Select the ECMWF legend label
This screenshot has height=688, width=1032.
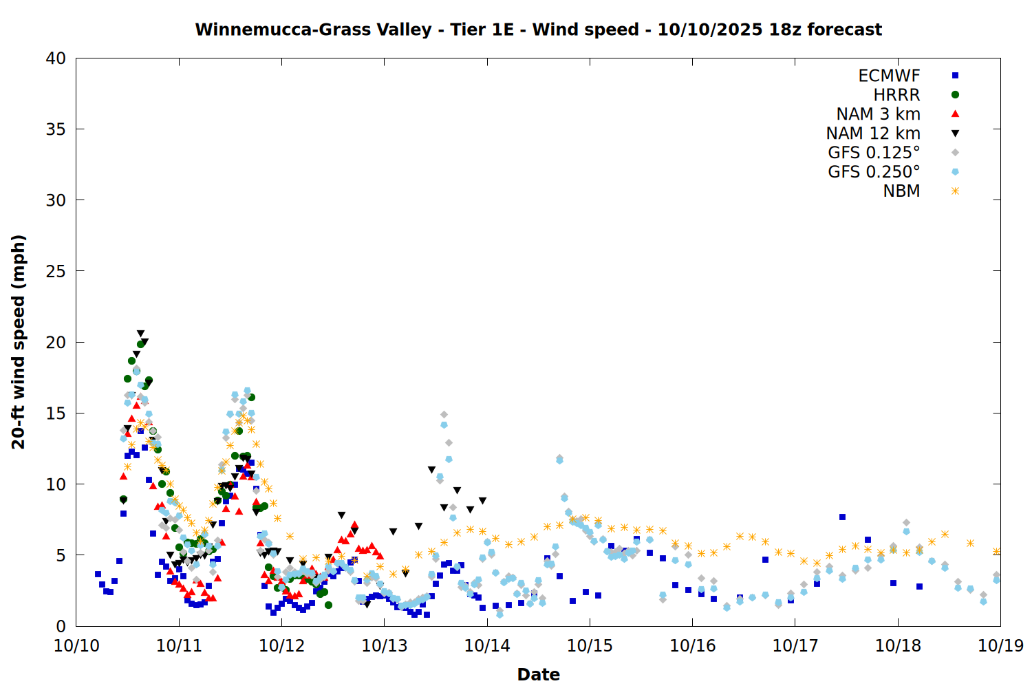[889, 76]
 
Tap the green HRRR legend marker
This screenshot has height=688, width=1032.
[955, 95]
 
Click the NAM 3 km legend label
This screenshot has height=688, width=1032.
[878, 114]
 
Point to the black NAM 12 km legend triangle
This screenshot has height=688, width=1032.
[955, 133]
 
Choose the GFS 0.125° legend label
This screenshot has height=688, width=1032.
[874, 153]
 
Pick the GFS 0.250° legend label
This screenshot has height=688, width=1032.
[874, 172]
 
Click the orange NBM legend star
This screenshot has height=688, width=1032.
[955, 191]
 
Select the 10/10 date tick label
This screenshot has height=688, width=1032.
[76, 646]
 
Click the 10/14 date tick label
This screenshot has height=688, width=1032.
[487, 646]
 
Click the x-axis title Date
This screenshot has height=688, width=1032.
[538, 674]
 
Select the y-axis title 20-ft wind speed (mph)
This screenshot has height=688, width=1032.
[19, 342]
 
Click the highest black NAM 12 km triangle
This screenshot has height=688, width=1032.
[140, 334]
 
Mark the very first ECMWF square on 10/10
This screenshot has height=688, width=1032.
[98, 574]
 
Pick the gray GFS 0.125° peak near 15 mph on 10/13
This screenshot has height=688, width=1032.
[444, 415]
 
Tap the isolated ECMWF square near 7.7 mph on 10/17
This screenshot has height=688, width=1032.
[842, 517]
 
